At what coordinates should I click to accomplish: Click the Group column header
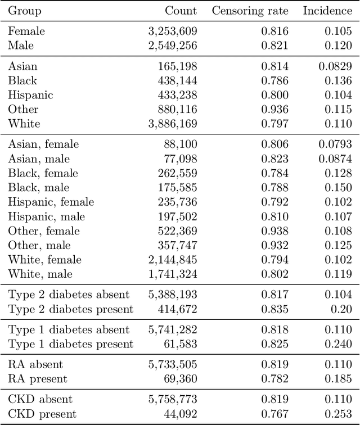pos(25,11)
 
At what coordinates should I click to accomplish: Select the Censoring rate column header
pos(250,11)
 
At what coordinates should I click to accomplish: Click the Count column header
pos(181,11)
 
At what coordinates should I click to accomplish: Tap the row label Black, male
pos(39,188)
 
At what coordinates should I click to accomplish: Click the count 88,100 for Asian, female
pos(181,144)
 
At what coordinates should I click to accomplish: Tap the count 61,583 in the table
pos(181,344)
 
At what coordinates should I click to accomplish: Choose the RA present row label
pos(38,379)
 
